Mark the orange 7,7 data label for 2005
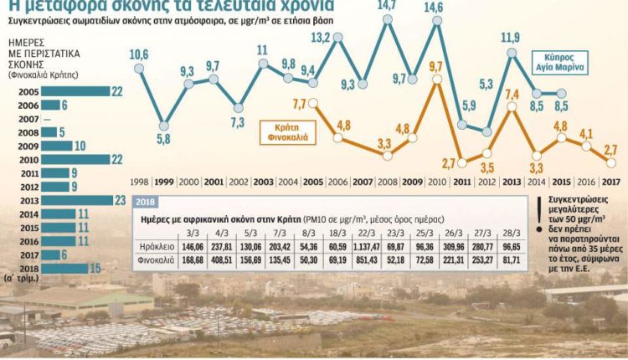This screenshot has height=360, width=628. (300, 103)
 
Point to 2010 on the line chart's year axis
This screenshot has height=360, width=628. (435, 181)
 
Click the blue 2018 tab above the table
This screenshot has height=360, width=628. (146, 202)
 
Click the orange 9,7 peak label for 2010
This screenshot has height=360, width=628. (435, 64)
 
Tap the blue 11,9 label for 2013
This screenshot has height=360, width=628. (511, 38)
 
